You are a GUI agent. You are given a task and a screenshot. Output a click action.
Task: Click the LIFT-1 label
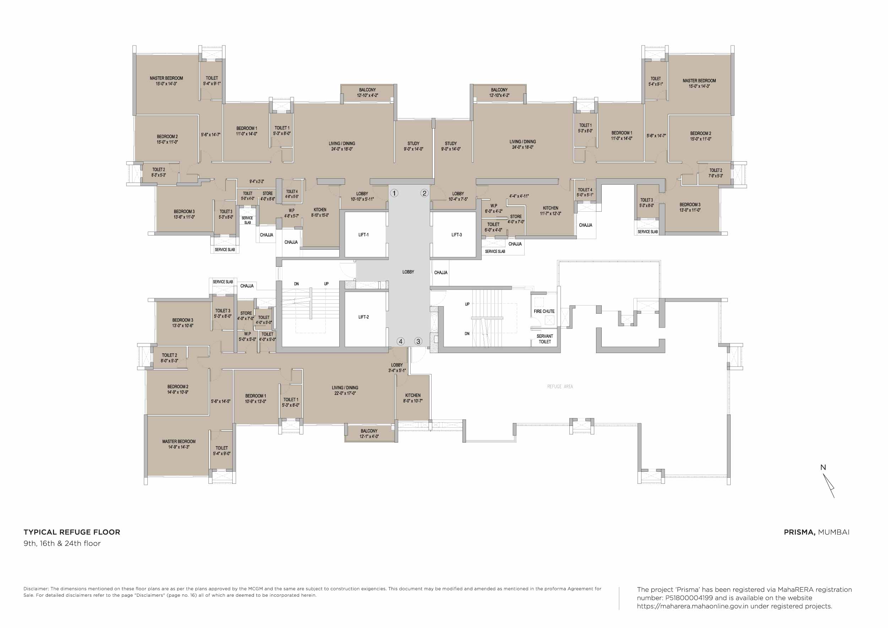(x=363, y=235)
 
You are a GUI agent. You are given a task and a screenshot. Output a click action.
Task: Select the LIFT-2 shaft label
(x=363, y=317)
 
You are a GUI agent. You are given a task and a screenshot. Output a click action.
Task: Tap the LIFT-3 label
(x=456, y=235)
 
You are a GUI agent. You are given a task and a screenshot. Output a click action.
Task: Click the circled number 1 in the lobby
(x=394, y=193)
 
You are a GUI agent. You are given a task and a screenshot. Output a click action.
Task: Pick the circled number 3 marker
(x=418, y=341)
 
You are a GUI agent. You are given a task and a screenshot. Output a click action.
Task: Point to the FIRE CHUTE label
(x=544, y=311)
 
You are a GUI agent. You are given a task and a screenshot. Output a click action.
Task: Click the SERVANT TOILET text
(x=545, y=339)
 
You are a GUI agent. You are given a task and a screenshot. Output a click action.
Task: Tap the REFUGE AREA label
(x=560, y=386)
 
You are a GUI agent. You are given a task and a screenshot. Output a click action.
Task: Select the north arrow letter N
(x=823, y=467)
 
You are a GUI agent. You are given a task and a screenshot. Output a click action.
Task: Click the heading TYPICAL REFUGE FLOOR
(x=72, y=532)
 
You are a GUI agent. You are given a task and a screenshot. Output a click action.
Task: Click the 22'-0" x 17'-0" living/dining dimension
(x=345, y=393)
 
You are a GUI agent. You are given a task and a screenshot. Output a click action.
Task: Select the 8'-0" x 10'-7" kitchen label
(x=413, y=401)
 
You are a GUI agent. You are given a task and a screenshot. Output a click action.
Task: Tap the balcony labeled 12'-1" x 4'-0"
(x=369, y=433)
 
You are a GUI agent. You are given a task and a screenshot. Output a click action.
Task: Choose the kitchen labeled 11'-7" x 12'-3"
(x=550, y=211)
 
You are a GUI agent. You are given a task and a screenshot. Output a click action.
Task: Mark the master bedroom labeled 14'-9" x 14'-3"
(x=179, y=444)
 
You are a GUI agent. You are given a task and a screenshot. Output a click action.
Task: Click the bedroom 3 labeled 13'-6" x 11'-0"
(x=184, y=214)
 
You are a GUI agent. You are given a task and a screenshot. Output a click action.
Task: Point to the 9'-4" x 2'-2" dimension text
(x=256, y=182)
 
